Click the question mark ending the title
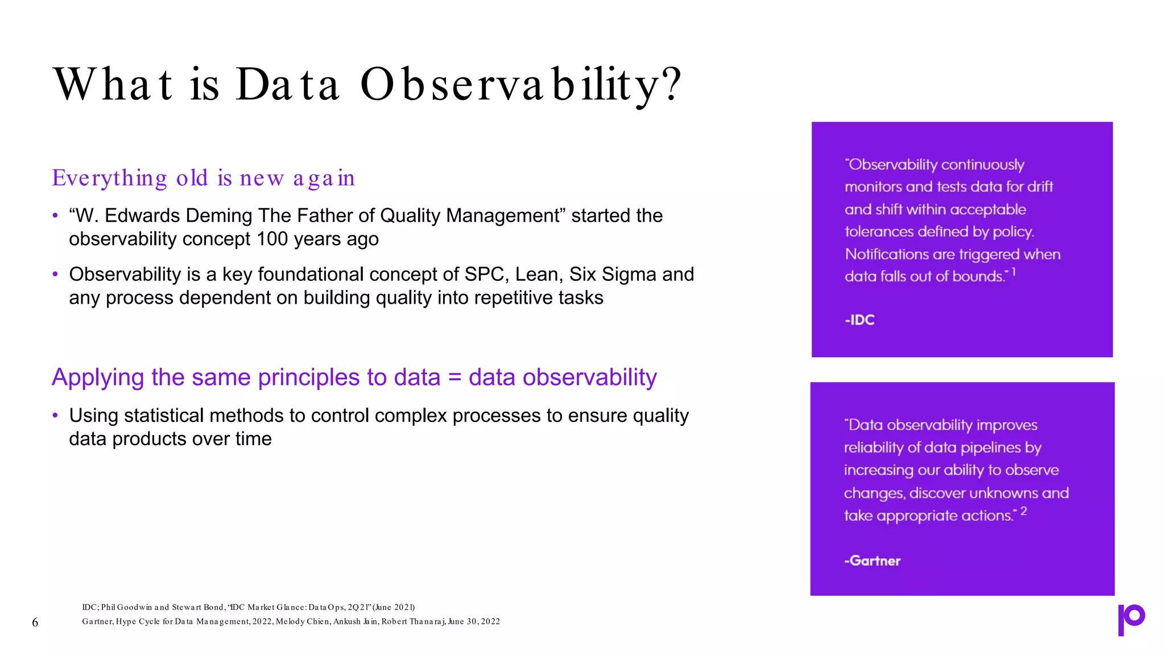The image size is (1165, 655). point(672,84)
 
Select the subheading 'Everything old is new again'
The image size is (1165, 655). point(203,178)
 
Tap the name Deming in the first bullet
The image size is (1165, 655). point(218,216)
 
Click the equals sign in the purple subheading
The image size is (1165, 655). point(454,378)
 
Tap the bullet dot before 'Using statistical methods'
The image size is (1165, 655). point(55,416)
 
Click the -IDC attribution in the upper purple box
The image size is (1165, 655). point(860,320)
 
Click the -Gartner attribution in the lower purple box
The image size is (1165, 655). point(872,561)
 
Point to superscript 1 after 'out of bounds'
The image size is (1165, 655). point(1014,273)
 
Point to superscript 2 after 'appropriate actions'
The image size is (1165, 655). point(1023,511)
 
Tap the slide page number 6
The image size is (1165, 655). point(35,623)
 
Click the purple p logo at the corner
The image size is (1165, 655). point(1131,619)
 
